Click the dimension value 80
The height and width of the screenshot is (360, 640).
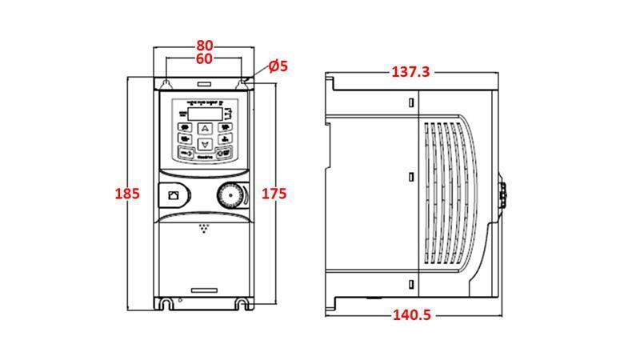point(205,46)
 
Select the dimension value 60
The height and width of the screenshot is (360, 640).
point(205,60)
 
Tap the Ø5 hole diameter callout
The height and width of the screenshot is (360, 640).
point(278,66)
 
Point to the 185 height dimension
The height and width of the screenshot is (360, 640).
point(127,194)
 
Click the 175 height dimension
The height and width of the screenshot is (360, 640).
point(274,194)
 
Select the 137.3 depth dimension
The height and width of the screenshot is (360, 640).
point(410,72)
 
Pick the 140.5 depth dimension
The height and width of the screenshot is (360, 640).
point(411,314)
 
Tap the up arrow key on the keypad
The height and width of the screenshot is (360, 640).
point(205,128)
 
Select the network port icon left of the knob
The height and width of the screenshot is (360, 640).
point(173,194)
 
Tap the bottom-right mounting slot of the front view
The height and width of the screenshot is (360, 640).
point(241,304)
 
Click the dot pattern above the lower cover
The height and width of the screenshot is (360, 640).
point(206,230)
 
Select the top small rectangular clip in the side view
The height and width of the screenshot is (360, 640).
point(411,103)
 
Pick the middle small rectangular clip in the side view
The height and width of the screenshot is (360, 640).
point(411,176)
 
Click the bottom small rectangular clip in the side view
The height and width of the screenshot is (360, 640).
point(411,285)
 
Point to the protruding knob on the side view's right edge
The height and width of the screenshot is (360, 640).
point(503,194)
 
